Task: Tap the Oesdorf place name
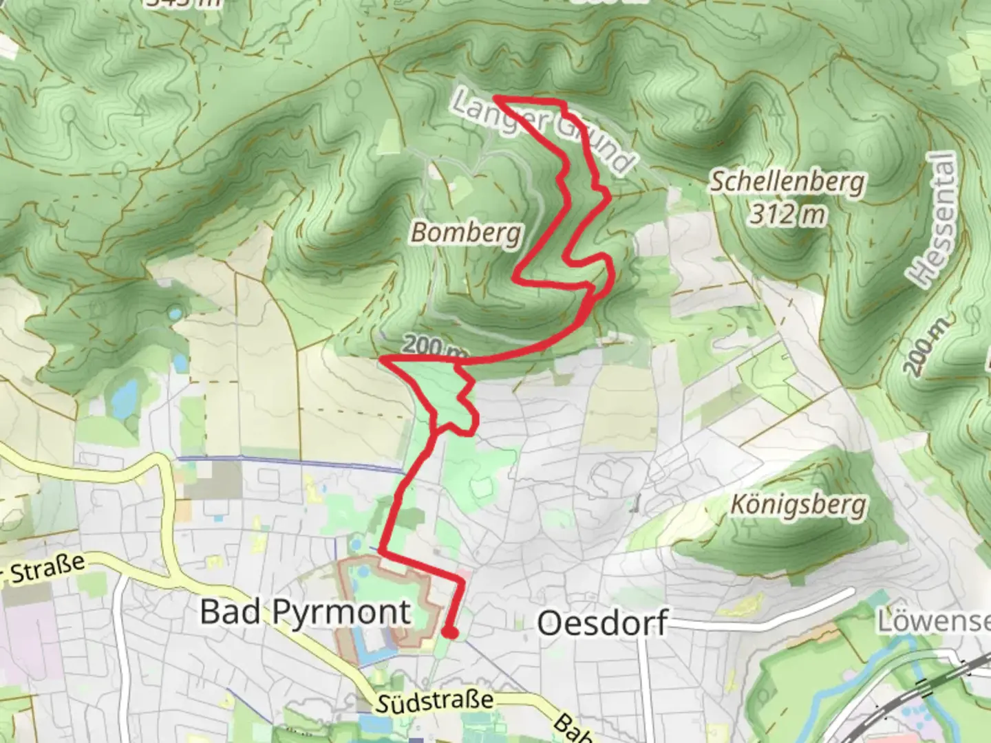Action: tap(602, 623)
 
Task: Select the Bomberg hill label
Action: tap(466, 233)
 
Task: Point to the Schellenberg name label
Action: tap(787, 182)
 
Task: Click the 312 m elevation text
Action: tap(787, 215)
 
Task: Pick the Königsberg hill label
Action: tap(798, 506)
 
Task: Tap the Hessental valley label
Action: tap(937, 220)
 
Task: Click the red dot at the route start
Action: tap(449, 632)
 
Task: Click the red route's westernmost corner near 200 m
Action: tap(383, 359)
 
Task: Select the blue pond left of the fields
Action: tap(125, 399)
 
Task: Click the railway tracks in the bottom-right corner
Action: tap(915, 695)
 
